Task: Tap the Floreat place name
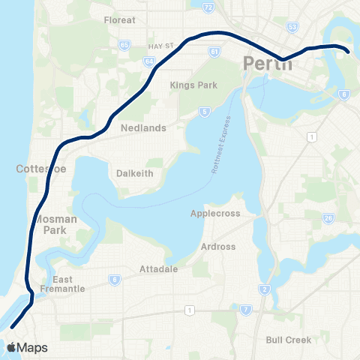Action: point(120,20)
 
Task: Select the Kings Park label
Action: point(193,85)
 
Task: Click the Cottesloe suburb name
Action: point(41,169)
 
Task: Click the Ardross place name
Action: point(217,246)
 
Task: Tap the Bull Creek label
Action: point(288,340)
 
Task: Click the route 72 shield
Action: point(208,7)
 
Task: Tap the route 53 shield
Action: point(292,27)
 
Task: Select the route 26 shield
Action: point(328,218)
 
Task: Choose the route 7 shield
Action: point(245,310)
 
